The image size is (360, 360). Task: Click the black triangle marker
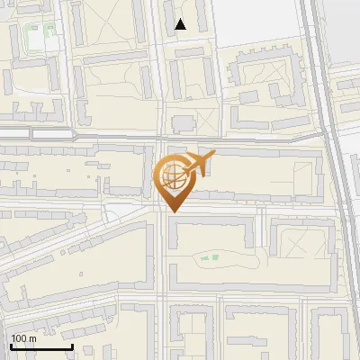181,24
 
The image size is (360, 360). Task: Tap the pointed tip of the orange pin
173,211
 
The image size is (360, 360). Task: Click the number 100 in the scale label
18,338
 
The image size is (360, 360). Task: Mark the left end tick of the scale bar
10,346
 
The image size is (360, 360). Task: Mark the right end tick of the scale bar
72,346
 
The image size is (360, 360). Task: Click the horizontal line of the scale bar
40,347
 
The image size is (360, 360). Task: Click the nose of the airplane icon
214,155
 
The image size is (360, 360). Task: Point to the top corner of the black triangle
181,19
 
